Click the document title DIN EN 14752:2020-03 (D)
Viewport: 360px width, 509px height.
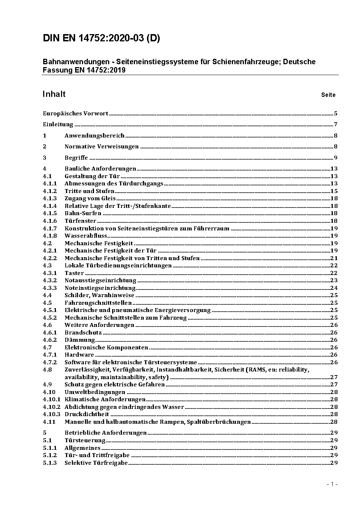101,38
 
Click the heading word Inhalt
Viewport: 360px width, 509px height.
54,94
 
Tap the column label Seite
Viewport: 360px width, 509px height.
328,95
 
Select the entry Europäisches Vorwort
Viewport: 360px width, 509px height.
75,114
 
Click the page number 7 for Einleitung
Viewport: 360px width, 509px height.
336,125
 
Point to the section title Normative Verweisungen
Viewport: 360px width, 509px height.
102,147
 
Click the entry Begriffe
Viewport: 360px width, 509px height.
76,158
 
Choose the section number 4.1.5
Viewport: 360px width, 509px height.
50,213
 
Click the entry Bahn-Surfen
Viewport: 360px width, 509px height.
83,213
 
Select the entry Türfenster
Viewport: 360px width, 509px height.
80,221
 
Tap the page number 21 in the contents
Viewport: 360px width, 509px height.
334,258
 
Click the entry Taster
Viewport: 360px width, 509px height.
74,273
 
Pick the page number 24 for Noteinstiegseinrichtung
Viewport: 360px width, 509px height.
334,288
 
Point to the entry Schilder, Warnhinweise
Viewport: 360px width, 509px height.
99,295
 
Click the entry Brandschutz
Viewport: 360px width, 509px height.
83,333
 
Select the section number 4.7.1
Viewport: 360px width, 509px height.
50,355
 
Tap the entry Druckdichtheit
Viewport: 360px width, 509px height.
87,414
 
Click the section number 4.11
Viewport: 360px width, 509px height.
49,422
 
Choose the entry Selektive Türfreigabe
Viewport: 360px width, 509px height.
96,463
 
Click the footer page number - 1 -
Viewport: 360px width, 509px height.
332,484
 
